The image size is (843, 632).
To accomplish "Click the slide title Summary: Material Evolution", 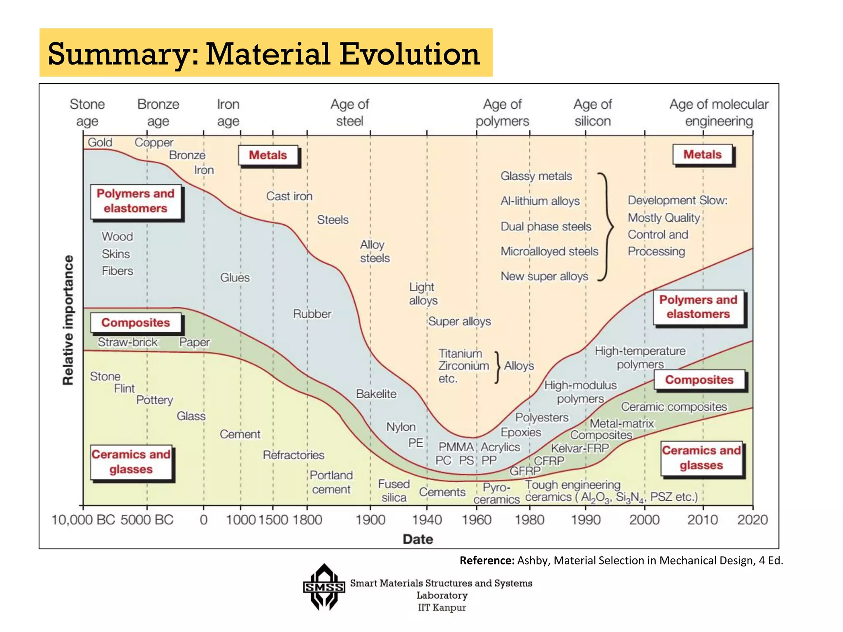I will pos(263,54).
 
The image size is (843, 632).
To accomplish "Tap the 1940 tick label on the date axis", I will pos(427,520).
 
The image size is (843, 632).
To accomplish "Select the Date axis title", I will pos(417,539).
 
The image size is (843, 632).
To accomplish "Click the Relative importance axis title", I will pos(68,320).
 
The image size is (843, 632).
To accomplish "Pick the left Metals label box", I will pos(268,156).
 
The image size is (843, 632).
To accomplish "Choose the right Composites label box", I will pos(699,380).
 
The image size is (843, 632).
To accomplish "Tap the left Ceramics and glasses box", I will pos(131,462).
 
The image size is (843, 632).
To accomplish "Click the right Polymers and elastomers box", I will pos(698,307).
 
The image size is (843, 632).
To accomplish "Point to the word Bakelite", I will pos(376,394).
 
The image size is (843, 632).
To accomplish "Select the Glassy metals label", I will pos(536,176).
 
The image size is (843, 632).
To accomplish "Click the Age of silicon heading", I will pos(592,113).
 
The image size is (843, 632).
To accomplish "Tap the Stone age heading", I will pos(87,113).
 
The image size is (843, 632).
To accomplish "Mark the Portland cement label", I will pos(331,482).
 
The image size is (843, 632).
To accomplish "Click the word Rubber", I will pos(312,314).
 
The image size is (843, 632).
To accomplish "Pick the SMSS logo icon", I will pos(324,587).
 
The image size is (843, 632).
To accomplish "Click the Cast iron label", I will pos(289,196).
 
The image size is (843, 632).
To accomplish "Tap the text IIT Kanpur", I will pos(442,608).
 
